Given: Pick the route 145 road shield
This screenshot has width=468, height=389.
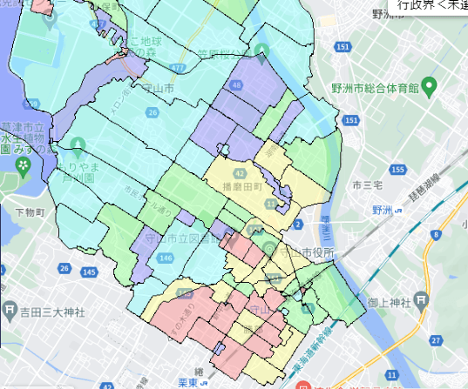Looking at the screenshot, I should point(89,272).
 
